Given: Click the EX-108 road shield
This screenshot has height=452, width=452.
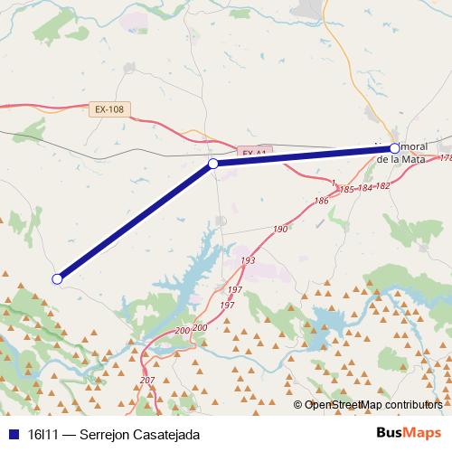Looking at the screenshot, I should pyautogui.click(x=108, y=109).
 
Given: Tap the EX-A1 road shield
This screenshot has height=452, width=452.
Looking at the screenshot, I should pyautogui.click(x=254, y=154).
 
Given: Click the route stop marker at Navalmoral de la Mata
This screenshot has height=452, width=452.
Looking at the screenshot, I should pyautogui.click(x=395, y=147).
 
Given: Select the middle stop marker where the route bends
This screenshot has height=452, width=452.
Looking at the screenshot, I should pyautogui.click(x=213, y=164).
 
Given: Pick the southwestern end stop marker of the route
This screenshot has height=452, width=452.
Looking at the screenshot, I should pyautogui.click(x=57, y=278).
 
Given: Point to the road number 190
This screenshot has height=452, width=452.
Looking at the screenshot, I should pyautogui.click(x=279, y=230).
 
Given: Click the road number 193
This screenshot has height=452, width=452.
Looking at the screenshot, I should pyautogui.click(x=248, y=260).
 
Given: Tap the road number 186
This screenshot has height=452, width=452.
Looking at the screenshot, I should pyautogui.click(x=321, y=201).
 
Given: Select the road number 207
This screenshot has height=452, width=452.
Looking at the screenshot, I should pyautogui.click(x=147, y=381).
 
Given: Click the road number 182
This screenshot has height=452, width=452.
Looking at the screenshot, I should pyautogui.click(x=382, y=185).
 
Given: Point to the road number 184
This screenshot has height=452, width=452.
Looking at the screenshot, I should pyautogui.click(x=364, y=188).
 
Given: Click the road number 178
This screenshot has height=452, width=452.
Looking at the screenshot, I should pyautogui.click(x=445, y=158).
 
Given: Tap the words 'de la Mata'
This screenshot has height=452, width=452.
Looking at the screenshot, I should pyautogui.click(x=400, y=159).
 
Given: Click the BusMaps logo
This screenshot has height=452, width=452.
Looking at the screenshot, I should pyautogui.click(x=408, y=434).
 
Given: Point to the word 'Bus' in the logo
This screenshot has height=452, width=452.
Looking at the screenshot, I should pyautogui.click(x=391, y=434).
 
